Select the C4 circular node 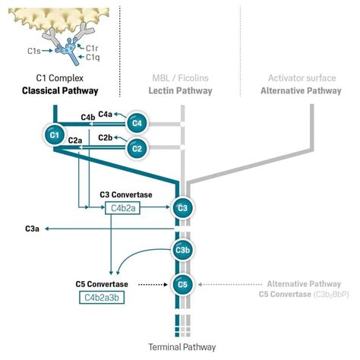click(x=137, y=122)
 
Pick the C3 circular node click(x=182, y=207)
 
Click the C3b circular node click(x=182, y=251)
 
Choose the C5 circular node click(x=182, y=285)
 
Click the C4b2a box click(x=125, y=207)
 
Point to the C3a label click(x=33, y=228)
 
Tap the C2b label click(x=106, y=137)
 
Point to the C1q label click(x=92, y=57)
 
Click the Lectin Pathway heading click(x=181, y=90)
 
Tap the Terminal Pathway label click(x=182, y=346)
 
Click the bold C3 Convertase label click(x=126, y=194)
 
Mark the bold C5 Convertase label click(x=102, y=284)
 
